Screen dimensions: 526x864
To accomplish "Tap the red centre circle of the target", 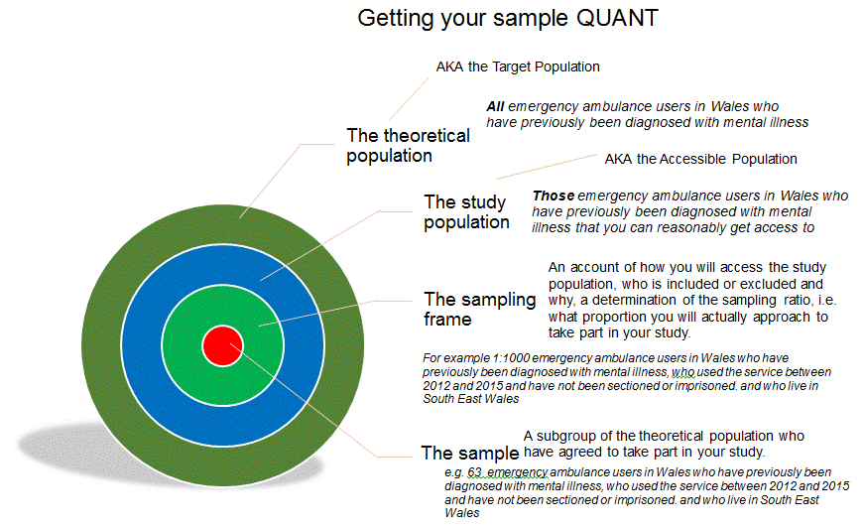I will tap(223, 345).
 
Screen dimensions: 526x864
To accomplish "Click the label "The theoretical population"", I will tap(394, 145).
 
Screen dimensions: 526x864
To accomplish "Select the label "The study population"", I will tap(466, 211).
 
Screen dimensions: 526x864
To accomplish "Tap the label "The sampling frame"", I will tap(479, 309).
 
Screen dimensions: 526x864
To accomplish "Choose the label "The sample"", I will tap(469, 454).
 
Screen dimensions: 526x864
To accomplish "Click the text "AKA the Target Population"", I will tap(518, 67).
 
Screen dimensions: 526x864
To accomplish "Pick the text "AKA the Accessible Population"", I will tap(700, 159).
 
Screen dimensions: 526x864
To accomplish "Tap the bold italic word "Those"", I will tap(553, 196).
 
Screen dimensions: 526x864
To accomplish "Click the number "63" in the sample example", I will tap(475, 472).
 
